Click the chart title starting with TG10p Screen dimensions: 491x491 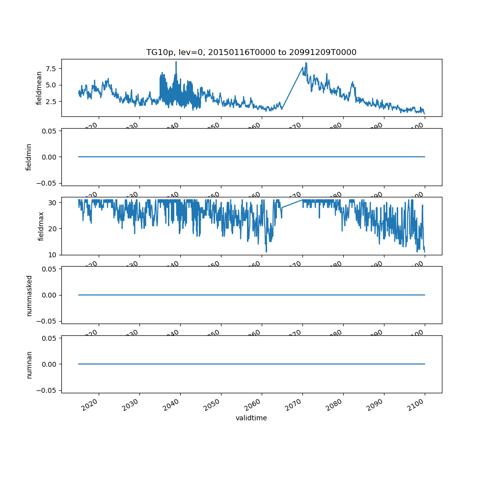251,52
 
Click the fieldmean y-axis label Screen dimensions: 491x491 39,87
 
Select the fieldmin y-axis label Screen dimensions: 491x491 29,157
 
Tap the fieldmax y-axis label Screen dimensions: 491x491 41,226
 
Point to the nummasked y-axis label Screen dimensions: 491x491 29,295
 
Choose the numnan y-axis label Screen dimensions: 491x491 29,364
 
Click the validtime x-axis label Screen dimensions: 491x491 251,418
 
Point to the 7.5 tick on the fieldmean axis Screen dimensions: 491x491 51,69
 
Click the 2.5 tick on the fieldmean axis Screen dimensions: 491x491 51,101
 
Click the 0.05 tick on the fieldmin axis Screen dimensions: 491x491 48,131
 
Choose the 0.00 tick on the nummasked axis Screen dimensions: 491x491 48,295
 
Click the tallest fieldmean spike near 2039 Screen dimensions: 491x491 176,62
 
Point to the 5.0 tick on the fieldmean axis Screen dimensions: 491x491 51,85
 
